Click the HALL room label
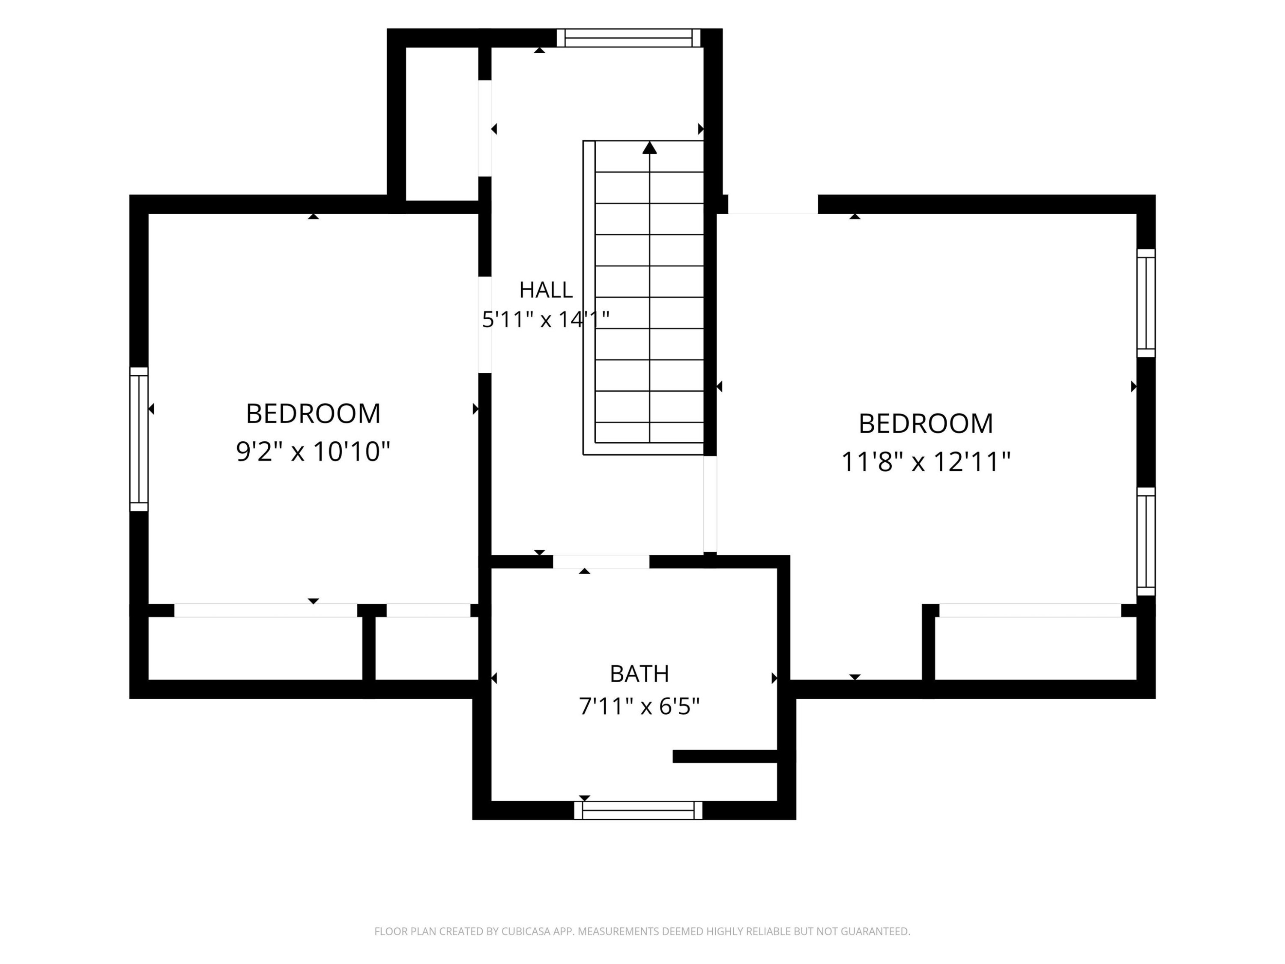click(546, 289)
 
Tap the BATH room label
click(639, 674)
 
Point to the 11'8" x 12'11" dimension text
click(925, 462)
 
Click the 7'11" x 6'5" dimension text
click(639, 707)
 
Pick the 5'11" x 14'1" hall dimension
click(546, 319)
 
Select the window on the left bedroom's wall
click(139, 439)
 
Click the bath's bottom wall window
click(638, 810)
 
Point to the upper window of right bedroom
click(1146, 303)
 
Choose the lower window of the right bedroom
click(1146, 542)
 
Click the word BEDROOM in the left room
click(313, 414)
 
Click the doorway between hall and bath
click(601, 562)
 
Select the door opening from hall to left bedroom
click(485, 324)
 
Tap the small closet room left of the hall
click(442, 124)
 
